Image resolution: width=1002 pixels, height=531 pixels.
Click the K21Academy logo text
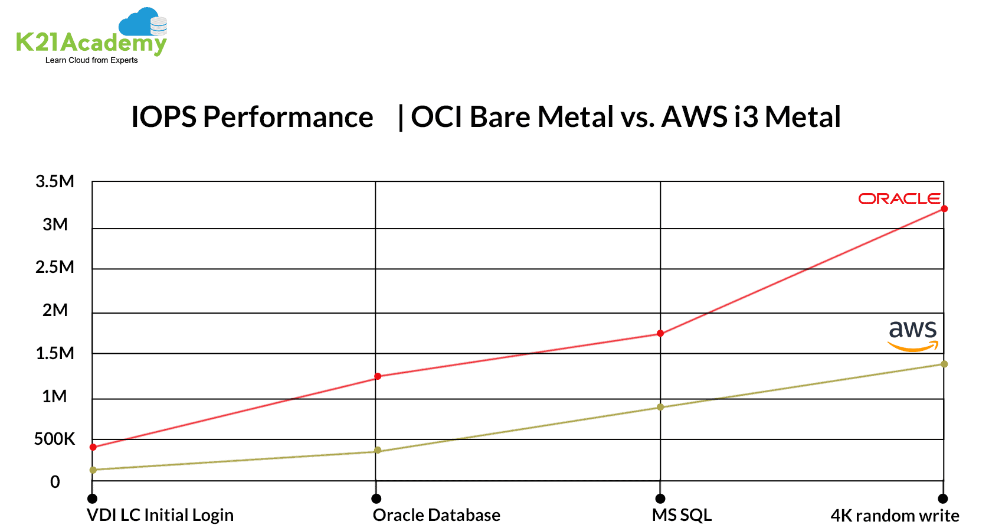click(91, 43)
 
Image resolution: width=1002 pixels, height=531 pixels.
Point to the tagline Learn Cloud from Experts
click(91, 60)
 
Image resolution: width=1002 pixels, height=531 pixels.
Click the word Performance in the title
click(288, 117)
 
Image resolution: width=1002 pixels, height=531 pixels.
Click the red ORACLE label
click(899, 199)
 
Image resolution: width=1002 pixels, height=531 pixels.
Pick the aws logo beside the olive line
click(913, 335)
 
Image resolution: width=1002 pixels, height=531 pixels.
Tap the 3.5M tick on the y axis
click(55, 181)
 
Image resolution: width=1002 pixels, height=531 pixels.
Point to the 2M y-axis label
click(55, 310)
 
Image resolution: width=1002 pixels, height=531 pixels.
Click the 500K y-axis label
click(54, 439)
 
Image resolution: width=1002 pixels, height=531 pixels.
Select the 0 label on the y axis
click(55, 482)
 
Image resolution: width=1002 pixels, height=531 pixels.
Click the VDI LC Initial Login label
click(160, 515)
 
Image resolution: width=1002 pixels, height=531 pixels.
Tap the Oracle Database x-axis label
click(436, 515)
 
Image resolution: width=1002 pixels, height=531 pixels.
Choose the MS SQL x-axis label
click(682, 515)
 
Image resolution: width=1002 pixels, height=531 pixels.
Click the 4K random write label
click(895, 516)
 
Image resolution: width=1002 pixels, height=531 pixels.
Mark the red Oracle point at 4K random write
click(944, 209)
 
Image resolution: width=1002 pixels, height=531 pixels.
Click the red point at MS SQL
click(660, 334)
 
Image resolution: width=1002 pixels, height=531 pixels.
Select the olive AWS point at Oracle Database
click(378, 451)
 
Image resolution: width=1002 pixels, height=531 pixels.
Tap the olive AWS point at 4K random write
click(944, 364)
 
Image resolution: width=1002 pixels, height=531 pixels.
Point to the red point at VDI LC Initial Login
click(93, 447)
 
